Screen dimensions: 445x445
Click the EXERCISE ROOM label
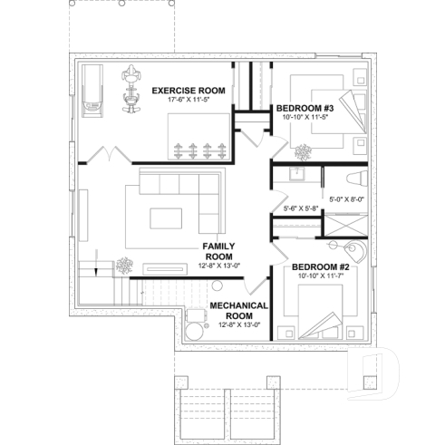(189, 91)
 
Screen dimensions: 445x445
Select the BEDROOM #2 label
(314, 268)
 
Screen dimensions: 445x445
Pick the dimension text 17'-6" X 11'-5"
(189, 100)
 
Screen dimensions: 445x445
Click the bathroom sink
(296, 171)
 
